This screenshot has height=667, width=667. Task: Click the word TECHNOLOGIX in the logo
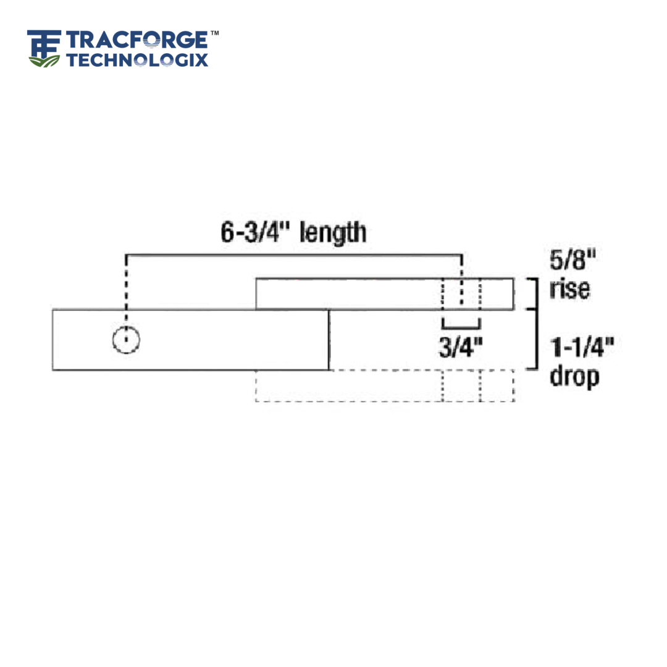click(137, 60)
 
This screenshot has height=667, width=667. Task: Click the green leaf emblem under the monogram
click(44, 61)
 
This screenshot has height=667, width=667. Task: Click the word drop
click(574, 376)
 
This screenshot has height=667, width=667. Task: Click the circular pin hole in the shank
click(126, 340)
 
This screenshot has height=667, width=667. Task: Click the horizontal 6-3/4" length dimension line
click(294, 254)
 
